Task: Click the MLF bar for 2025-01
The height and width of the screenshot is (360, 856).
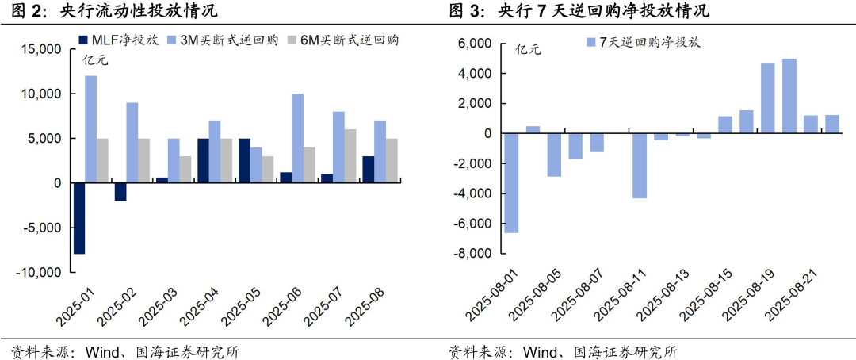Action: [x=79, y=218]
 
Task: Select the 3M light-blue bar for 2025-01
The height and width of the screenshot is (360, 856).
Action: [x=91, y=129]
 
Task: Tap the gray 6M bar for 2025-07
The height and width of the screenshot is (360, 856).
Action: [x=350, y=156]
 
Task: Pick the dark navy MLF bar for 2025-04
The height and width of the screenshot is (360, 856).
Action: [x=203, y=161]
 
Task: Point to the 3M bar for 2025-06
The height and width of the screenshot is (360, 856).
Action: [x=297, y=139]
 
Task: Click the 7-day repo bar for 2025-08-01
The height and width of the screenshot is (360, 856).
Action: [x=511, y=183]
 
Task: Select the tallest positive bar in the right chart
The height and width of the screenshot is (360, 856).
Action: [x=789, y=96]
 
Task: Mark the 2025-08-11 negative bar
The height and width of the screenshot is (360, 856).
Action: [x=640, y=166]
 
